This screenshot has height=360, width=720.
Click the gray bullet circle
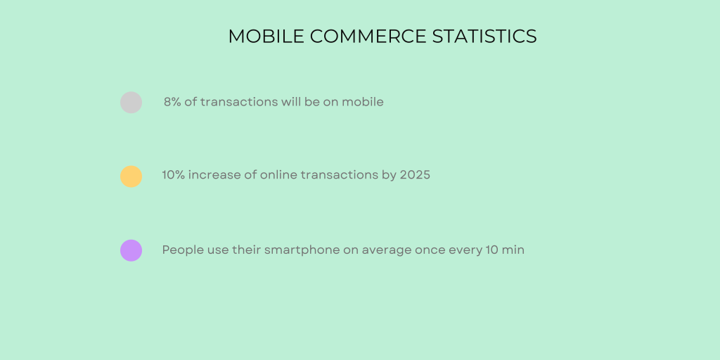pos(131,103)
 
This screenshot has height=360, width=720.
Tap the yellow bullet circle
pos(131,176)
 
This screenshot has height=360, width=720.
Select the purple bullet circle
pos(131,250)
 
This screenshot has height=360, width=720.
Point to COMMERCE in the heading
pos(368,37)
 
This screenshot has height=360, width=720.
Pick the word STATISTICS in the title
pos(484,37)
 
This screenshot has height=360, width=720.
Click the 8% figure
pos(172,102)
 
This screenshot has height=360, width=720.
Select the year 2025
pos(415,175)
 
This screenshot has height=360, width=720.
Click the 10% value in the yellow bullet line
pos(174,175)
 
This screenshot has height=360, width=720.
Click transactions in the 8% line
pos(239,102)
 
